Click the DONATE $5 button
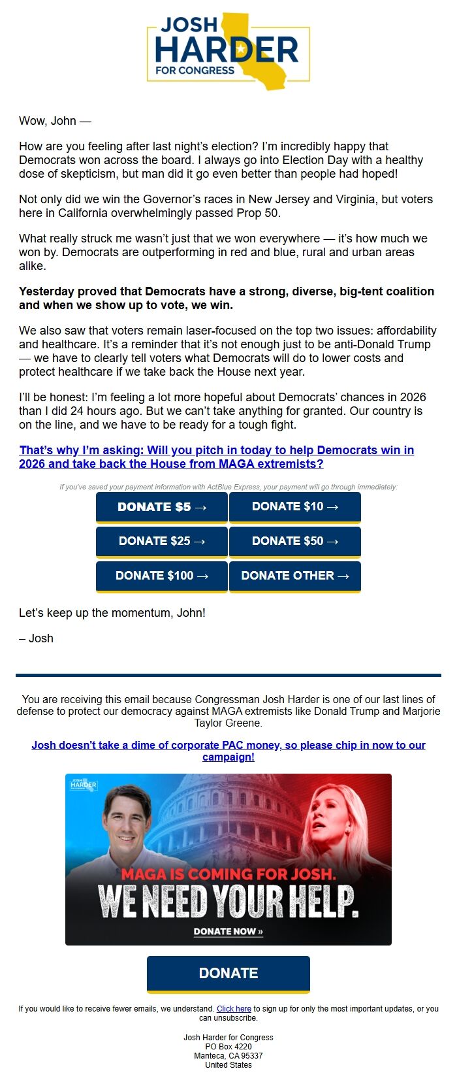[161, 507]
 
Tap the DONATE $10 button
[294, 507]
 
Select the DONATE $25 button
[161, 541]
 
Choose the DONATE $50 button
[294, 541]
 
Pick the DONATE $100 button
[161, 576]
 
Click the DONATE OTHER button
[294, 576]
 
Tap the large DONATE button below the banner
[228, 973]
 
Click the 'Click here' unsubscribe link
[234, 1009]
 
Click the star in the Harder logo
[241, 49]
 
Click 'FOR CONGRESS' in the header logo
[195, 70]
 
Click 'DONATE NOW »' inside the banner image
[228, 931]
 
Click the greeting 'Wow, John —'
[55, 121]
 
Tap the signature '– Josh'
[37, 638]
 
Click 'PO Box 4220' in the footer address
[228, 1046]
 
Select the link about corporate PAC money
[228, 746]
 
